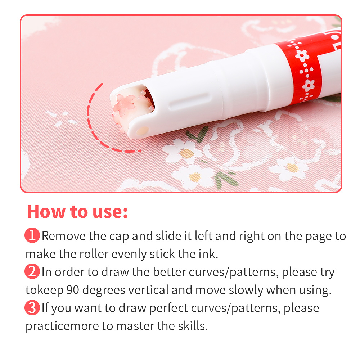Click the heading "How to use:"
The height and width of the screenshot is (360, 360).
(x=77, y=211)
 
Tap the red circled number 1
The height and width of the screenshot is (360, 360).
(x=32, y=235)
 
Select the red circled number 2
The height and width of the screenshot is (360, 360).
(x=32, y=271)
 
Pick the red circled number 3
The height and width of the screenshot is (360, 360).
(x=32, y=307)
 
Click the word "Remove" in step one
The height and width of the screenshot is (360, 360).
(x=64, y=236)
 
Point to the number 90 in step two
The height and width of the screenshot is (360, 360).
(x=73, y=290)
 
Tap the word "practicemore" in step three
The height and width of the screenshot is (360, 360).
(x=62, y=326)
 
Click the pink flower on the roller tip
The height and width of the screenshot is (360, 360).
(x=125, y=103)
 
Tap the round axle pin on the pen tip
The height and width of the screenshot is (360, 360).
(x=143, y=131)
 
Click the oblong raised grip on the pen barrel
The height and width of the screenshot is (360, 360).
(x=189, y=102)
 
